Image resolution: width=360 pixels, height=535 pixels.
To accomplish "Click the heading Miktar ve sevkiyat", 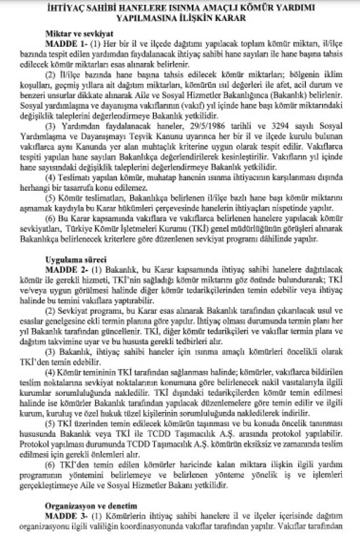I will pyautogui.click(x=75, y=35).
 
